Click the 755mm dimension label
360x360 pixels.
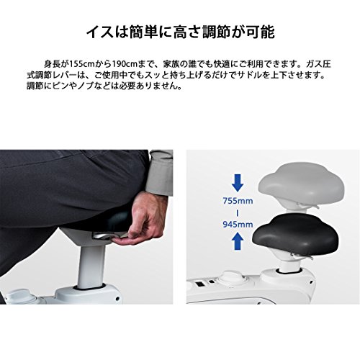(x=238, y=201)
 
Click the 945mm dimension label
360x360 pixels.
(x=238, y=225)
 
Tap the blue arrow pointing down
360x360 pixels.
(x=238, y=183)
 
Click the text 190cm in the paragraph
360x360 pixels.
(x=126, y=64)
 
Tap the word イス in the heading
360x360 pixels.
(x=100, y=32)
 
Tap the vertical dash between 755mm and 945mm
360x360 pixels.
(x=238, y=213)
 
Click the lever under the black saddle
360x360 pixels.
(x=302, y=257)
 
